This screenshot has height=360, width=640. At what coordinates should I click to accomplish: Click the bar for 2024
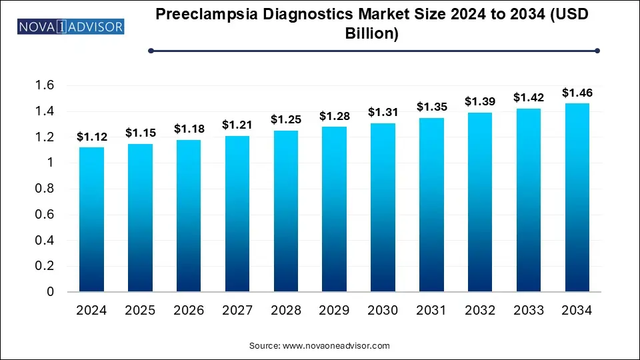click(91, 219)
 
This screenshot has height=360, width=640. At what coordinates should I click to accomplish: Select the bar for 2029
click(333, 209)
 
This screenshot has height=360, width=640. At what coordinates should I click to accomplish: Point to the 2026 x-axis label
click(188, 311)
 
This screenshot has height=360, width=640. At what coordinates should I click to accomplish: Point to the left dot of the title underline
click(151, 51)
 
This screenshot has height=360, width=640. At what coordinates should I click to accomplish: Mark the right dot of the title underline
click(597, 51)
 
